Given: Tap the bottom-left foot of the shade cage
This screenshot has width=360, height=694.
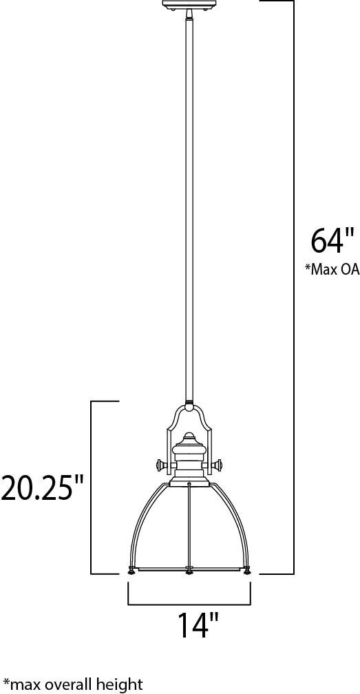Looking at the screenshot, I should (x=131, y=571).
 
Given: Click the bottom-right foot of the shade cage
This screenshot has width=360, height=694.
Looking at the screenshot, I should (x=246, y=571).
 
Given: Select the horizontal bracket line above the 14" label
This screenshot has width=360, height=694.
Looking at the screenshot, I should (x=189, y=604).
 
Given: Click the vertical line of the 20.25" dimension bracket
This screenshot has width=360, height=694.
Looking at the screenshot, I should (x=93, y=441).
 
